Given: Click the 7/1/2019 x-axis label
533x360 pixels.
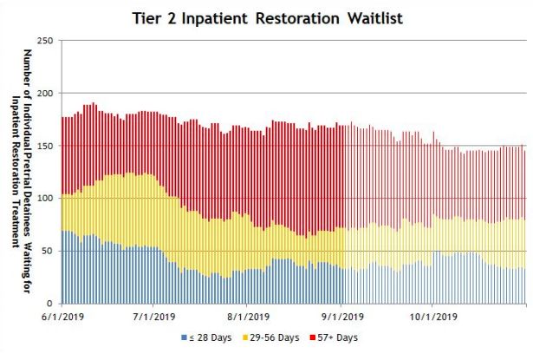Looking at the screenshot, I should [155, 317].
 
